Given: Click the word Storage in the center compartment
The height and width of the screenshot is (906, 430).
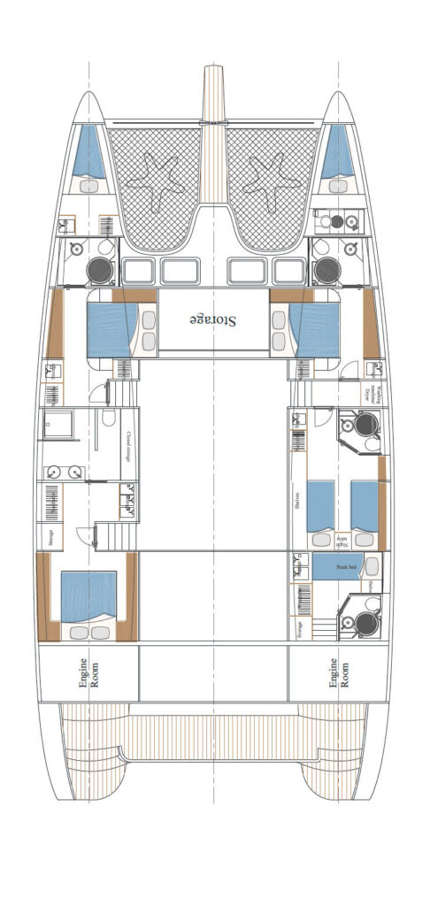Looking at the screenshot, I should (213, 319).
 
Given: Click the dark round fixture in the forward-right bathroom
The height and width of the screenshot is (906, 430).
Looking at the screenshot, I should (326, 270).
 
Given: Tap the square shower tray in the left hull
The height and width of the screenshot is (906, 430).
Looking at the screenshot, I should (62, 427).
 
